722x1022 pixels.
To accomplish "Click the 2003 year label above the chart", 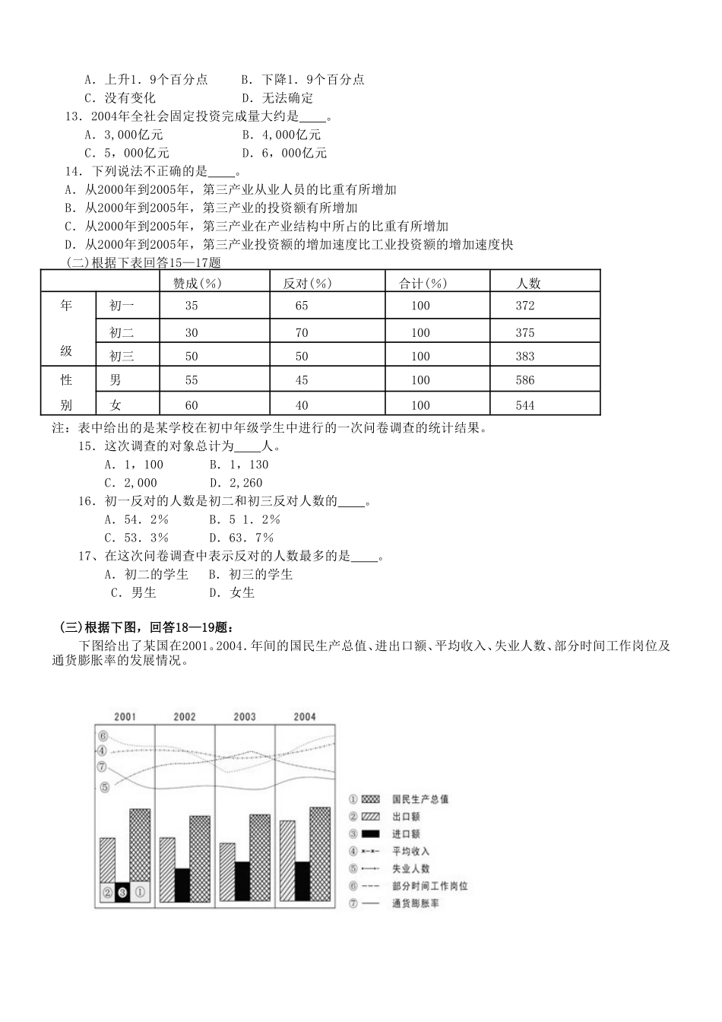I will click(x=245, y=716).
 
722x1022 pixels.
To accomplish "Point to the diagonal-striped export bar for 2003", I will click(x=227, y=872).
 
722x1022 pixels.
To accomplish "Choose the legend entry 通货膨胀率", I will click(x=416, y=903).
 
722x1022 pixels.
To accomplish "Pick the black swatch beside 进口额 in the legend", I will click(x=371, y=834).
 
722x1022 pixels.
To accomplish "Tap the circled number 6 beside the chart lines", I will click(x=103, y=735).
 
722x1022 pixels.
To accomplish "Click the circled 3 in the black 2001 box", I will click(x=122, y=892).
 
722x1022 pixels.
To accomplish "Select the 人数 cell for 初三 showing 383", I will click(x=525, y=356).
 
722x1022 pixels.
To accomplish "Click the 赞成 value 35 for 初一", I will click(x=191, y=306).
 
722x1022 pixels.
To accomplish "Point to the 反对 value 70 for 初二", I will click(x=302, y=332).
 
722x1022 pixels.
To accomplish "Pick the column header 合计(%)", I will click(x=423, y=283).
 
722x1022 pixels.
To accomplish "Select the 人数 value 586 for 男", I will click(x=525, y=379).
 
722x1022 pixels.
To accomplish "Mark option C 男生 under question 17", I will click(x=134, y=592).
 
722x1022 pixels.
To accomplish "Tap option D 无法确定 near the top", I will click(x=277, y=97).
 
